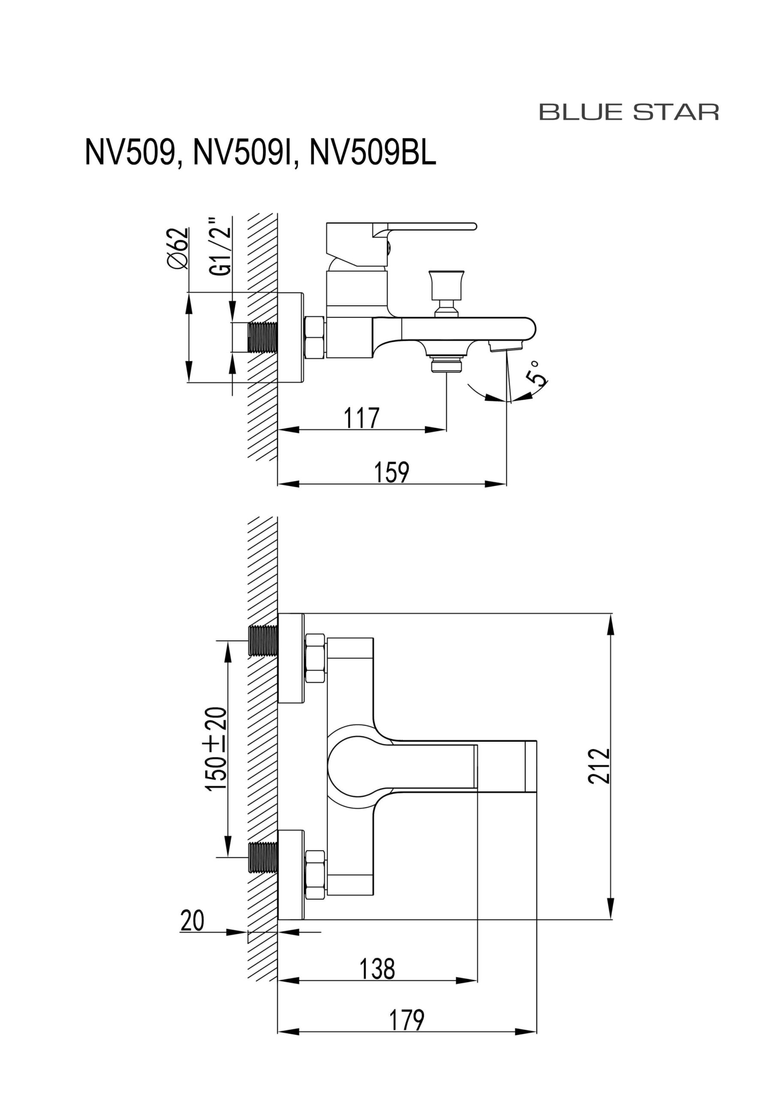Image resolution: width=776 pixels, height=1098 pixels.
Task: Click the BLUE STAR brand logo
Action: click(629, 112)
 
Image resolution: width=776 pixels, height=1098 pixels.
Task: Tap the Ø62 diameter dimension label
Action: click(178, 248)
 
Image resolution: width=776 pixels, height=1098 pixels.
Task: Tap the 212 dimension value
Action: click(599, 766)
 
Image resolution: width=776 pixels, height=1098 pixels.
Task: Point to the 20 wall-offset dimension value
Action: click(192, 920)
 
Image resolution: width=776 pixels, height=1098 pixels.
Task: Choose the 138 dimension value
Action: click(377, 968)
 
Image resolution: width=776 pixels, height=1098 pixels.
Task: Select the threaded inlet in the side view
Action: click(263, 338)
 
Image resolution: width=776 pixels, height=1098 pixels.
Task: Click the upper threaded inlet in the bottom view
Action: click(263, 641)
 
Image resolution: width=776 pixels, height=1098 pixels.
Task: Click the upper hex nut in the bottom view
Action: click(316, 658)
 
